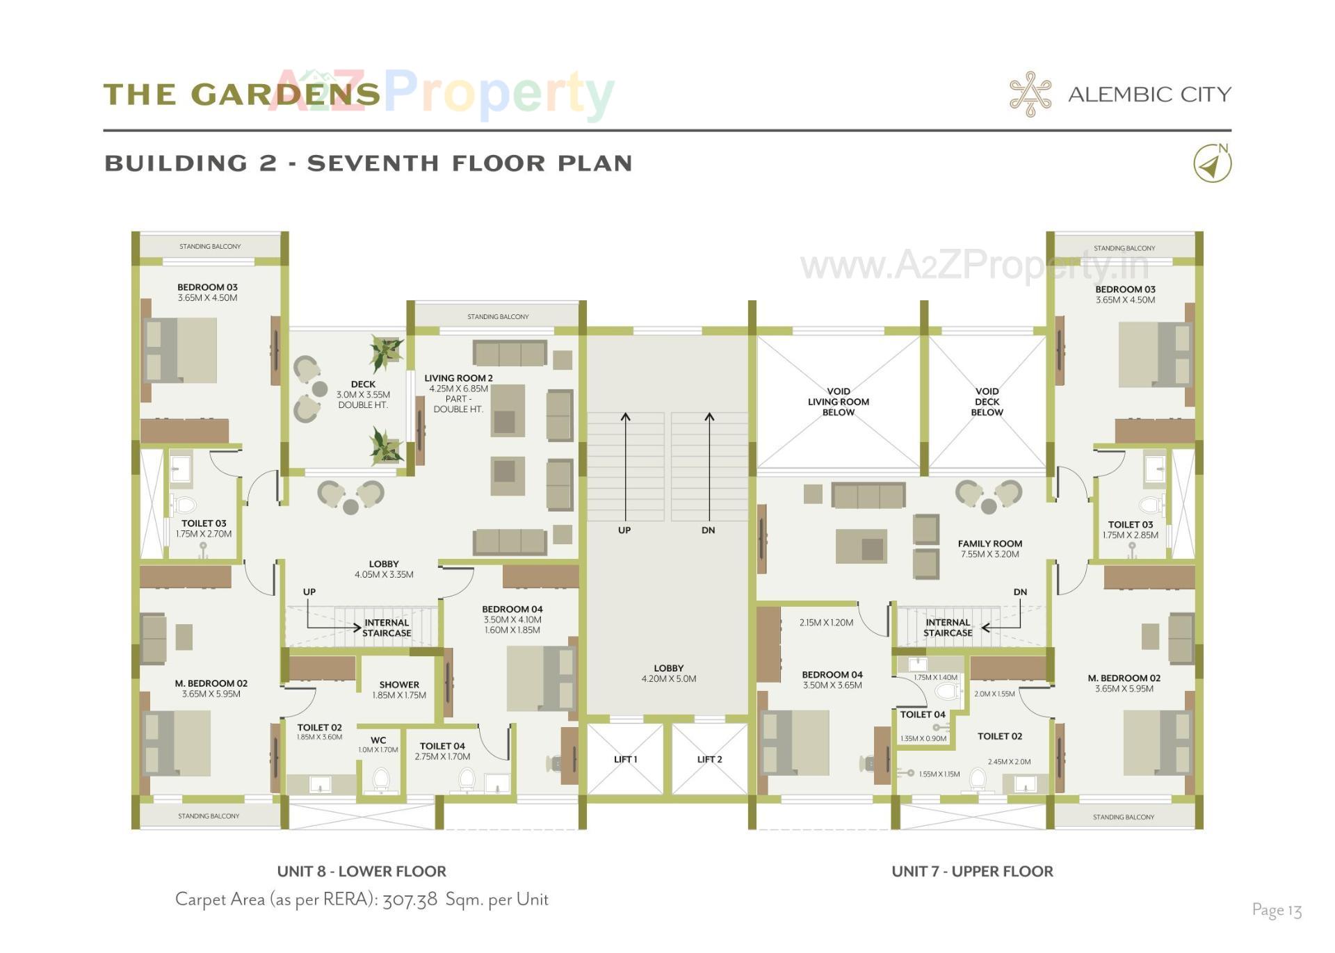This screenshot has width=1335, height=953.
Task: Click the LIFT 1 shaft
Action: (x=625, y=759)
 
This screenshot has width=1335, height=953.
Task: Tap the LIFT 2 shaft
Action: (x=709, y=759)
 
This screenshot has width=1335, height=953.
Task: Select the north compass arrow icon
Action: (x=1212, y=164)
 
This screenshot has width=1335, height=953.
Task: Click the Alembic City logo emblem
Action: (x=1030, y=94)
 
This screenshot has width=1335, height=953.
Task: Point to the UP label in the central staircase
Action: (x=624, y=530)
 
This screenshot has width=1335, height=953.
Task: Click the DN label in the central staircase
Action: (x=708, y=530)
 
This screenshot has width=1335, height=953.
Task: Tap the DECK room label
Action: (x=363, y=384)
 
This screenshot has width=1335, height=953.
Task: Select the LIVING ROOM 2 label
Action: (x=458, y=378)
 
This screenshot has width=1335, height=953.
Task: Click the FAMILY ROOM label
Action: (x=989, y=544)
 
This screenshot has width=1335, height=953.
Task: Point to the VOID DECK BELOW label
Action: (x=987, y=402)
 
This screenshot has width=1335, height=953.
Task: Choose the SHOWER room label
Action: (x=399, y=685)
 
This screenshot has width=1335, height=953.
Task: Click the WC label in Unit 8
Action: (x=378, y=740)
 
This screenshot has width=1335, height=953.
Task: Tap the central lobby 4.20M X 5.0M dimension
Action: (x=668, y=679)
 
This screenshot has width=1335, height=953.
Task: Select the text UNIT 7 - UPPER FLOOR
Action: (x=972, y=872)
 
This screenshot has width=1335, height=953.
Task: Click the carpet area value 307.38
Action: (x=410, y=899)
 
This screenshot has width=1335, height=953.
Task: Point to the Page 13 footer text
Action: (x=1277, y=910)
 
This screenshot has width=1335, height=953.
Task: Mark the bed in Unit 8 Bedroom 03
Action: (x=181, y=350)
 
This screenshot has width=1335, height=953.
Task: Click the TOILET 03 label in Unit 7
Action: (x=1130, y=525)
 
